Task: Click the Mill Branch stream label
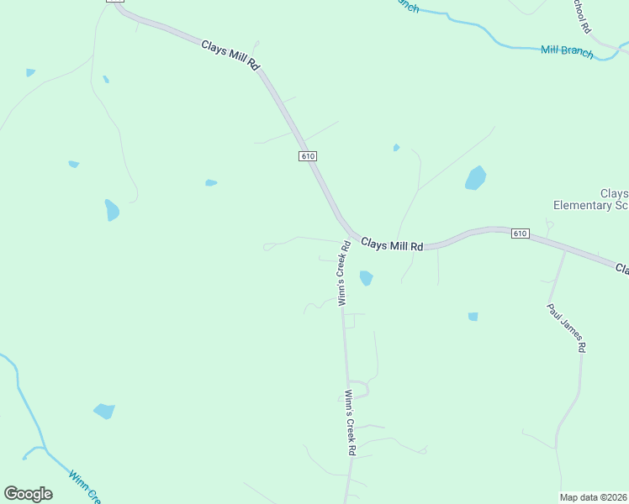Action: point(567,52)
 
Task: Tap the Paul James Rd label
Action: point(566,328)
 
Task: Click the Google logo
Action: point(28,494)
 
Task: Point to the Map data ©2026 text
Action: point(593,497)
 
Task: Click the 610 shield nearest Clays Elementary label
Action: point(520,233)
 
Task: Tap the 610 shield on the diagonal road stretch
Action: point(307,156)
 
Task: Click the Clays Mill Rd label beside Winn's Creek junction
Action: point(392,244)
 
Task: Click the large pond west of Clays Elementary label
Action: point(475,177)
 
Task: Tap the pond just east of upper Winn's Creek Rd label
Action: point(366,277)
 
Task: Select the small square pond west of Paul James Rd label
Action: point(473,317)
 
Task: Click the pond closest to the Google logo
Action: point(104,411)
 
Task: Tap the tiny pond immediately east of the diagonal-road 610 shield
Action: point(396,148)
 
